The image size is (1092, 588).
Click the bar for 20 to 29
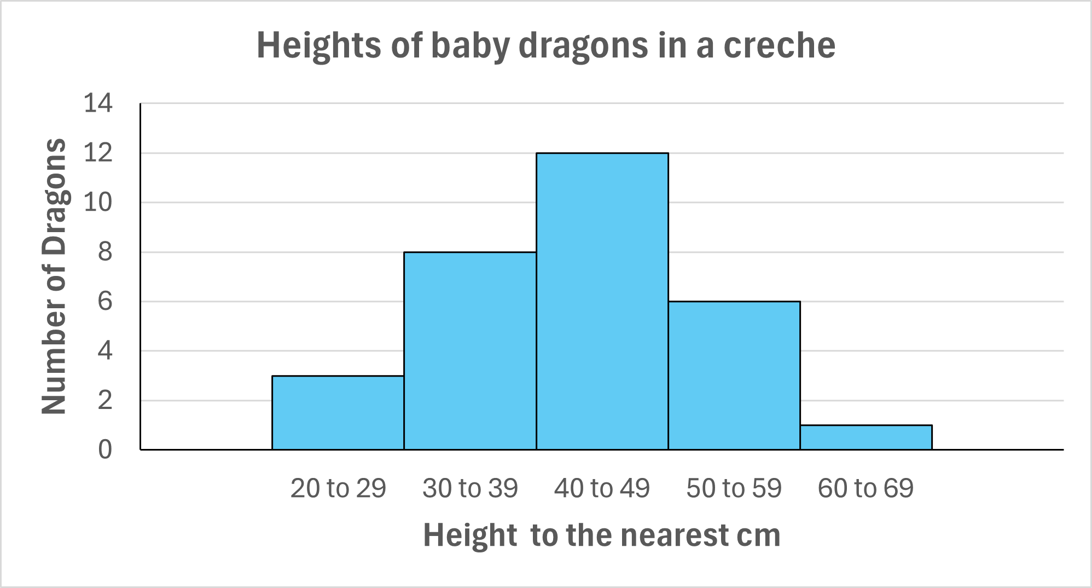tap(338, 413)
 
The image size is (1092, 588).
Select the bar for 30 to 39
tap(469, 351)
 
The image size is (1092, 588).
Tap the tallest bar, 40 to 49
tap(602, 301)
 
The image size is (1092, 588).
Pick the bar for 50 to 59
tap(734, 376)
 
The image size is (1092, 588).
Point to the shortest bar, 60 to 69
tap(866, 437)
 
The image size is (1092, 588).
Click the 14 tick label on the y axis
tap(98, 103)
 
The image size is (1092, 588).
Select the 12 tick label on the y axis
tap(98, 153)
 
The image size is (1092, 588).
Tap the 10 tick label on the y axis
tap(98, 203)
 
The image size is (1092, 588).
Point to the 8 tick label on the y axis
tap(105, 252)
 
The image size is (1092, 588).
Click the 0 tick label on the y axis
tap(105, 449)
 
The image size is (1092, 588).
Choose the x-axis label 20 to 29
tap(338, 488)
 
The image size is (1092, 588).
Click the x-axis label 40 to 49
tap(602, 488)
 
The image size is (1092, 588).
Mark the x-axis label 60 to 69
tap(866, 488)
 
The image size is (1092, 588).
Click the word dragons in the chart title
tap(583, 46)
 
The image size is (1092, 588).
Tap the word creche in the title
tap(779, 45)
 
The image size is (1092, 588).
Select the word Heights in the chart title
tap(319, 46)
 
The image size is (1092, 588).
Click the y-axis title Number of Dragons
tap(54, 276)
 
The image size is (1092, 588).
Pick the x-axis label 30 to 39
tap(470, 488)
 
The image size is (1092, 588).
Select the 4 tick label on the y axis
tap(105, 350)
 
